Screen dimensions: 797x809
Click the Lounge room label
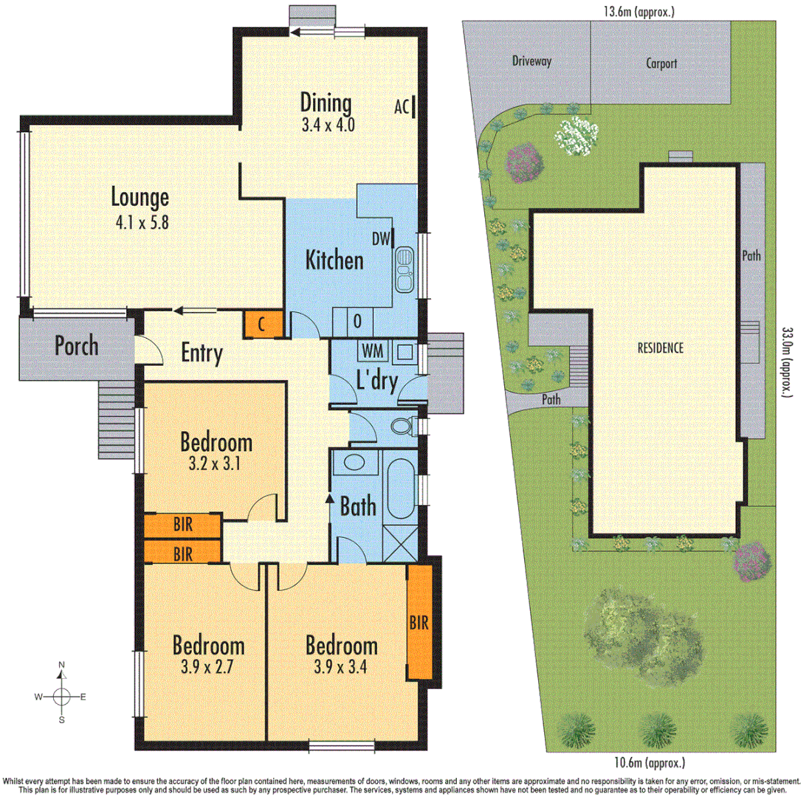pos(140,197)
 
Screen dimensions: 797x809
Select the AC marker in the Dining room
pos(402,106)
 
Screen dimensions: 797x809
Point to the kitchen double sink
pos(404,269)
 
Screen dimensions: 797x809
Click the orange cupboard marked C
pos(262,324)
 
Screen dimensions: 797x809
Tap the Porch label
pos(77,345)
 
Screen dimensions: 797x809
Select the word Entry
pos(202,354)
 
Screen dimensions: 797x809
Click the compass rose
pos(63,696)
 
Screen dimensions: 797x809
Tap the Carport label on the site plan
pos(661,63)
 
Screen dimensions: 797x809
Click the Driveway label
pos(531,61)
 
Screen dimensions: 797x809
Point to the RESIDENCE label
pos(659,348)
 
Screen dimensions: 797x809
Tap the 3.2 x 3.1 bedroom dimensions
pos(216,466)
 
